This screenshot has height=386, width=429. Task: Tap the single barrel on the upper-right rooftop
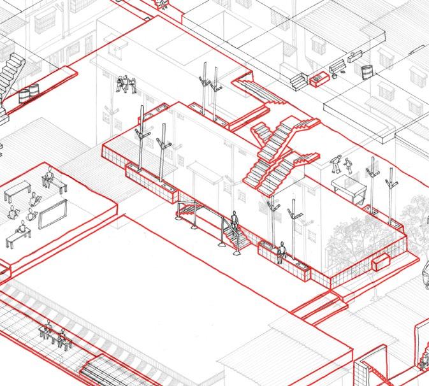pyautogui.click(x=366, y=71)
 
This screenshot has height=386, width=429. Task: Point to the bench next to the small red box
pyautogui.click(x=337, y=66)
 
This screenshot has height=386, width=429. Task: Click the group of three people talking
pyautogui.click(x=127, y=85)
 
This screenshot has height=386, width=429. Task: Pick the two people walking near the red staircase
pyautogui.click(x=342, y=165)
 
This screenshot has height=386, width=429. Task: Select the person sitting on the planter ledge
pyautogui.click(x=280, y=253)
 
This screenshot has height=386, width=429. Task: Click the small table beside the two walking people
pyautogui.click(x=348, y=186)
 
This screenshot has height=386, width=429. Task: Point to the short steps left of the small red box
pyautogui.click(x=298, y=80)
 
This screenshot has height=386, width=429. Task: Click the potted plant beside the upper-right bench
pyautogui.click(x=346, y=73)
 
